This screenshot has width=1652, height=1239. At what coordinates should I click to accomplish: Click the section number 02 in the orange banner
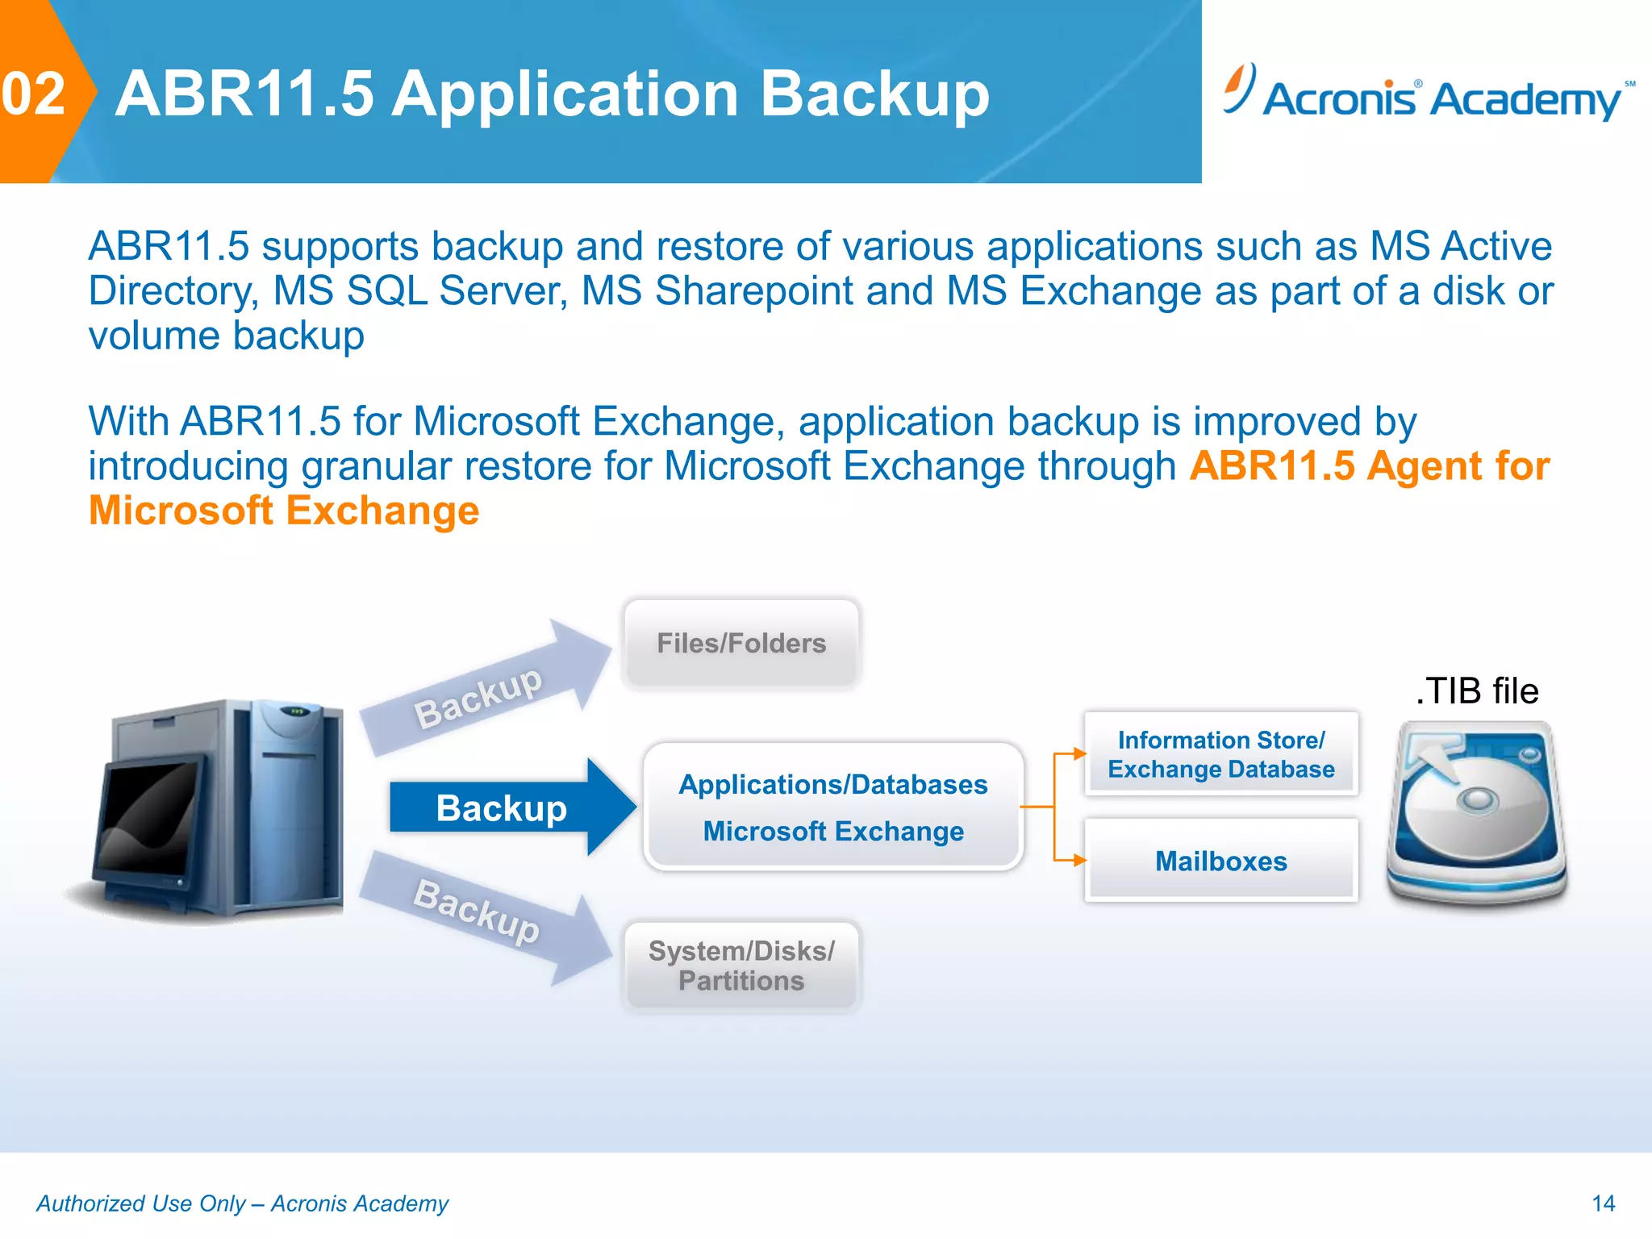point(33,94)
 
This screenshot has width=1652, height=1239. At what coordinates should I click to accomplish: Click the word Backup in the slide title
point(874,94)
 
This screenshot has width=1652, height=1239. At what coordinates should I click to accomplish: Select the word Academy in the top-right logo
point(1526,100)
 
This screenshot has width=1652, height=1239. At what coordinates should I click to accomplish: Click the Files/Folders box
point(741,643)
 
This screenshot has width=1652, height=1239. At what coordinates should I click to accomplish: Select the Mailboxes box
point(1220,861)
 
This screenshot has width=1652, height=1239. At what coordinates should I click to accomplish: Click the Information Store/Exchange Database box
point(1220,754)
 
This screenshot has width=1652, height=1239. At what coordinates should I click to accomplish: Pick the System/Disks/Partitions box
point(741,966)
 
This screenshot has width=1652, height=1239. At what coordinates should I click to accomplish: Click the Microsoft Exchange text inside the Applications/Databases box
point(833,831)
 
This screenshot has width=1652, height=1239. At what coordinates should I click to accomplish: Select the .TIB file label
point(1477,691)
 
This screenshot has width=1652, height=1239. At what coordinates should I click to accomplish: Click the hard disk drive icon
point(1476,815)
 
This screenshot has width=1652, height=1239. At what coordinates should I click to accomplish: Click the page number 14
point(1603,1204)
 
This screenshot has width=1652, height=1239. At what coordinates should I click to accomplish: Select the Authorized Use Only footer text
point(242,1204)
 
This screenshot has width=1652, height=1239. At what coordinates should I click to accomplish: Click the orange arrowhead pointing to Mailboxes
point(1080,861)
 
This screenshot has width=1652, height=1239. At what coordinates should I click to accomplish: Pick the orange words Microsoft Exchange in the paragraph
point(284,511)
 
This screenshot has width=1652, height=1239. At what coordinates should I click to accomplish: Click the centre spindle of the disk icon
point(1478,799)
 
